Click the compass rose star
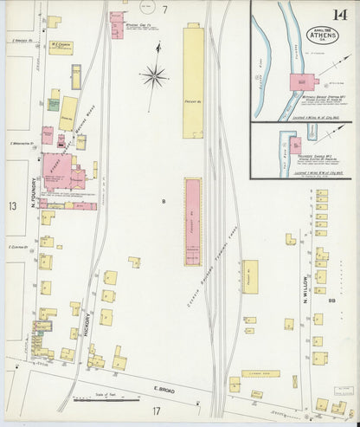point(156,78)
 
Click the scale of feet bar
point(94,400)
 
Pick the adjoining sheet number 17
point(157,411)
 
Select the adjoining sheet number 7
point(164,10)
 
